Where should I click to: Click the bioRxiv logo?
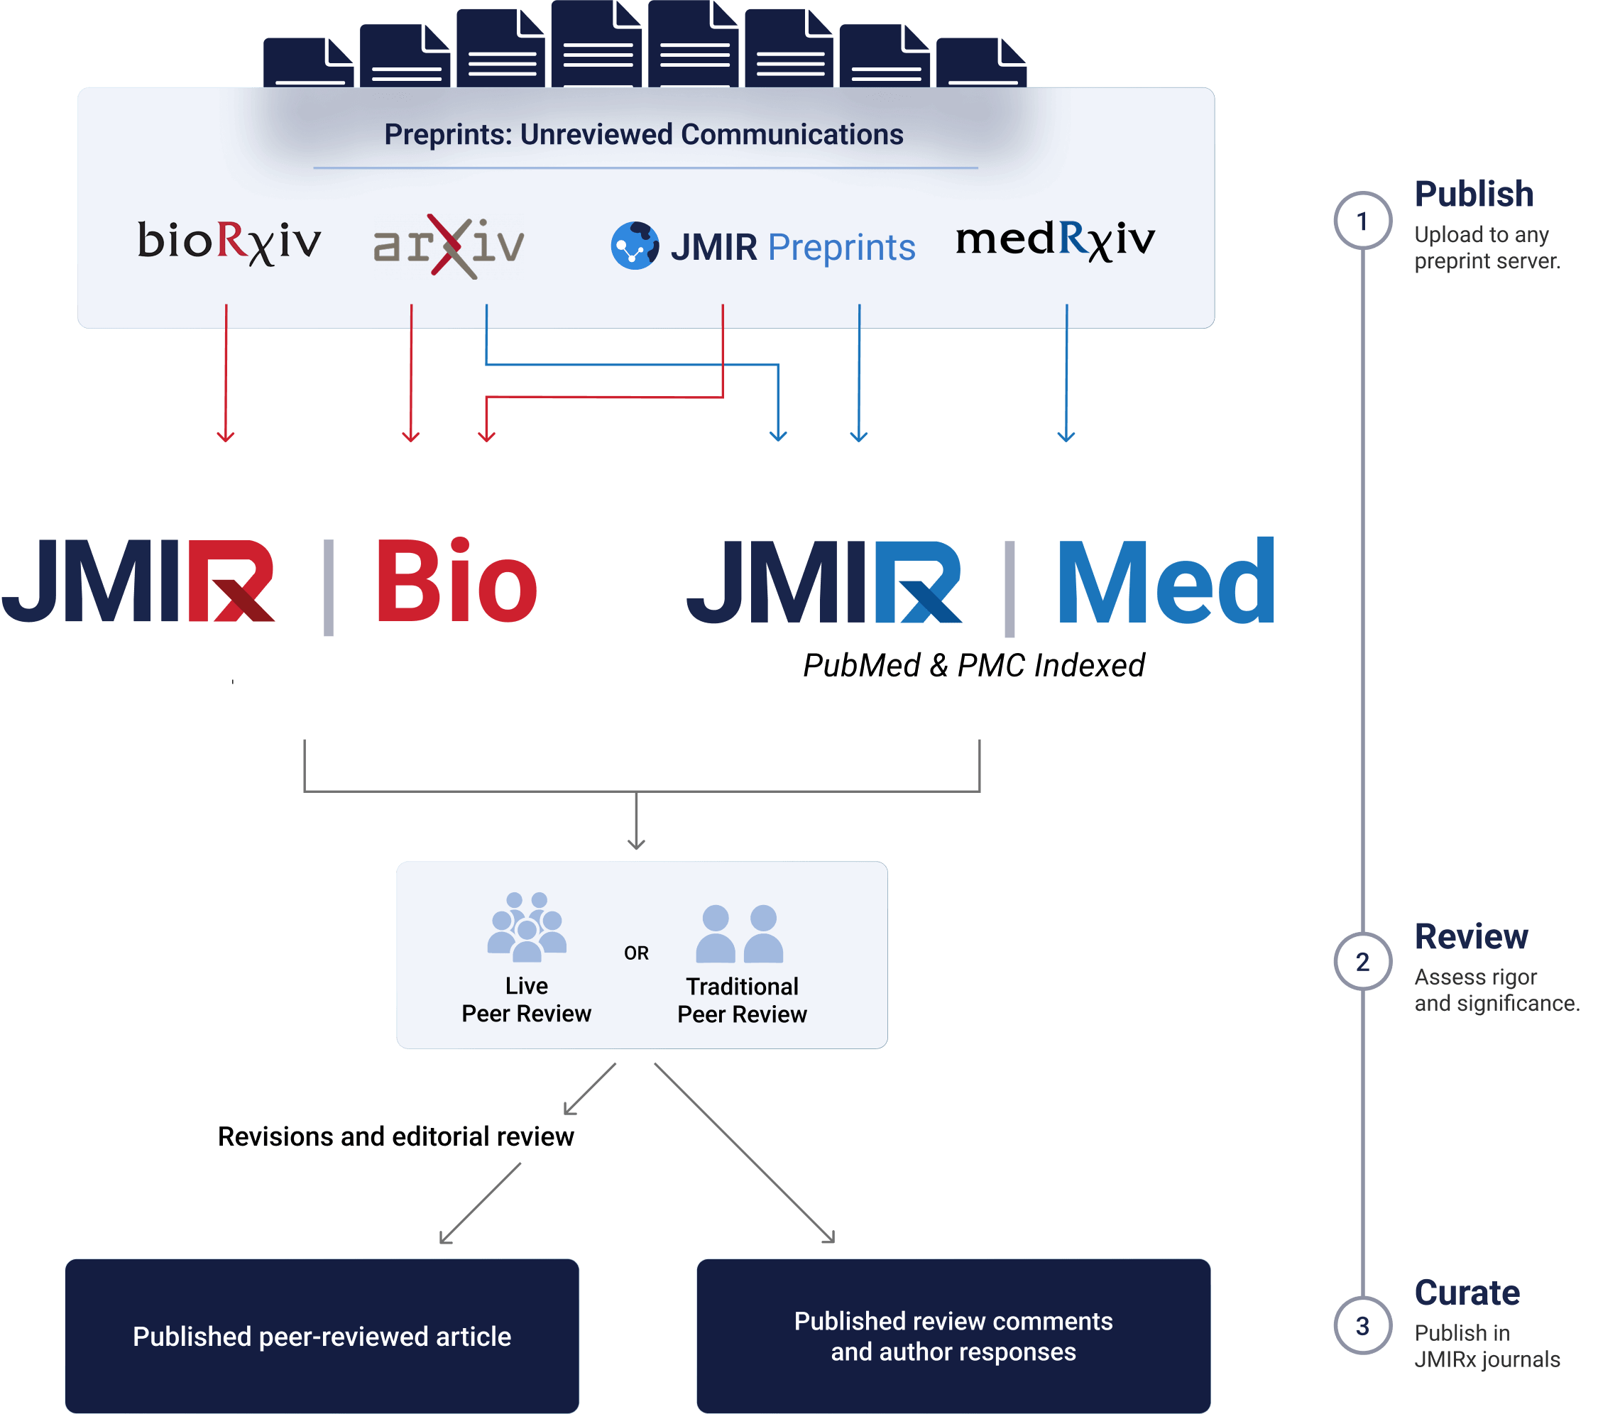coord(229,241)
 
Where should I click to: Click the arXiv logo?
coord(449,245)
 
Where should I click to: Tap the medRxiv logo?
coord(1055,239)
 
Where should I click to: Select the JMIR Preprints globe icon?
coord(634,246)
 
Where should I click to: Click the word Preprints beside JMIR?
coord(841,248)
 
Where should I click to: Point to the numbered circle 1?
coord(1362,221)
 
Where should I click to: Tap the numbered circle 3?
coord(1362,1326)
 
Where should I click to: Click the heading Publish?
coord(1474,194)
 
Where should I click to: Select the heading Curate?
coord(1467,1293)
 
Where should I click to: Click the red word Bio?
coord(456,581)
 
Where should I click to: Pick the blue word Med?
coord(1166,581)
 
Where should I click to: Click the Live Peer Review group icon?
coord(526,927)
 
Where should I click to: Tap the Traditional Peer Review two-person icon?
coord(740,934)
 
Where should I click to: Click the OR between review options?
coord(636,953)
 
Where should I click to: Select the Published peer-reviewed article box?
coord(322,1336)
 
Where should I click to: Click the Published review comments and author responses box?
coord(953,1336)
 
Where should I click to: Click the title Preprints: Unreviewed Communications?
coord(643,134)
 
